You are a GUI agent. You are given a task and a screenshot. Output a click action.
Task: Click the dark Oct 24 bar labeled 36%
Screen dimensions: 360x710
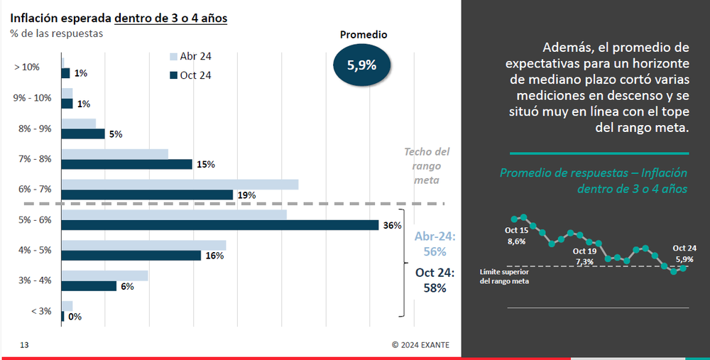point(220,225)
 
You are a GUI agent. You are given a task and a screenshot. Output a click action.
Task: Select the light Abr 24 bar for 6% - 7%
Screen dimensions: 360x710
point(180,185)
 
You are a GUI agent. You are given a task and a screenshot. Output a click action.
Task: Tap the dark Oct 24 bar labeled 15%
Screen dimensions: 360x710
point(127,164)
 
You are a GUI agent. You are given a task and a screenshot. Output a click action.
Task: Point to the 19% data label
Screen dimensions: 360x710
point(246,195)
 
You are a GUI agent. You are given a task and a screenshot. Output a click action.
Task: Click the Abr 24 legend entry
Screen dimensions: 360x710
point(190,57)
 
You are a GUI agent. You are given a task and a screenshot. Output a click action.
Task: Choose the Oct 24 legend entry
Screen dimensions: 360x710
point(190,75)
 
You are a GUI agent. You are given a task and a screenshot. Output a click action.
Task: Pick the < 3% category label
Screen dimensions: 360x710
point(41,311)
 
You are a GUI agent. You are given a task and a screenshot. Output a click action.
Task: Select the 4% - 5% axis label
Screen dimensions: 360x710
point(33,250)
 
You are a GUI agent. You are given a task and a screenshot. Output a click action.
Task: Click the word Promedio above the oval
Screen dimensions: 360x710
point(364,34)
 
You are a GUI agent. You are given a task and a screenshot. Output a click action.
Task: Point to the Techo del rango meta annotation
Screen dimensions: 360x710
point(427,165)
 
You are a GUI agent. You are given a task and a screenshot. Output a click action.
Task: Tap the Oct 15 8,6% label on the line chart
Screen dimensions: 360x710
point(516,236)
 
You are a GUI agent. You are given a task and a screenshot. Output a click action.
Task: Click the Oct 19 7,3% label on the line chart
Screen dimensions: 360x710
point(584,256)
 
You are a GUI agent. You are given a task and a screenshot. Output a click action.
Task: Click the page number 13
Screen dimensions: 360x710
point(24,345)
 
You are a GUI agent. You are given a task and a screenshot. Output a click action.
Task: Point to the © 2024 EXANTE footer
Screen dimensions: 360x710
point(420,345)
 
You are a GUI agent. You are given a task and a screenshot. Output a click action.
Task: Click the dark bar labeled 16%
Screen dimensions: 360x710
point(131,256)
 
